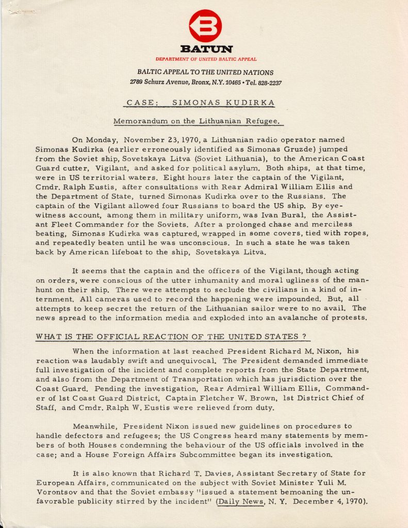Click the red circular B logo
click(x=205, y=26)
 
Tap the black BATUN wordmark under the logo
click(x=205, y=49)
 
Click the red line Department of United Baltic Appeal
click(x=205, y=59)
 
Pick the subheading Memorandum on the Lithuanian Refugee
click(x=198, y=122)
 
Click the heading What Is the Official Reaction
click(x=172, y=337)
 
